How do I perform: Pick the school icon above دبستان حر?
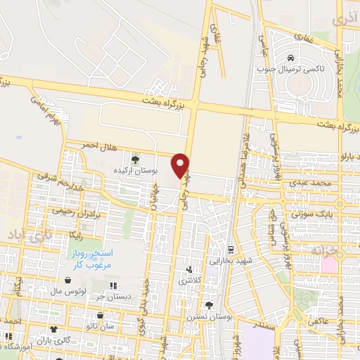[112, 285]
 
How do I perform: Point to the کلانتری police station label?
[188, 280]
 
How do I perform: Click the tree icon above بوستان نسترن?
[209, 304]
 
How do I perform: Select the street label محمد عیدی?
[313, 183]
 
